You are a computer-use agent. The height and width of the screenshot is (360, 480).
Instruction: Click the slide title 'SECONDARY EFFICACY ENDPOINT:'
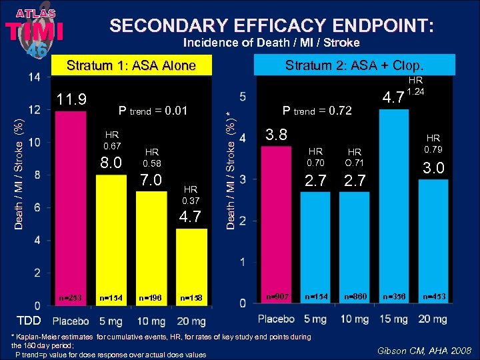pyautogui.click(x=272, y=26)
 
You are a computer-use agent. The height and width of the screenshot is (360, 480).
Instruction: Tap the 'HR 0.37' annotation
pyautogui.click(x=191, y=195)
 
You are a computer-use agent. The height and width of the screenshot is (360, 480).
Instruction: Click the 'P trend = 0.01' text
pyautogui.click(x=153, y=111)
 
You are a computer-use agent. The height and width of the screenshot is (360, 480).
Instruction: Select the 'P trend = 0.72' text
pyautogui.click(x=317, y=111)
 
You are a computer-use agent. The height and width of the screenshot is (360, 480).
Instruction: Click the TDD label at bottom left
pyautogui.click(x=29, y=319)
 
